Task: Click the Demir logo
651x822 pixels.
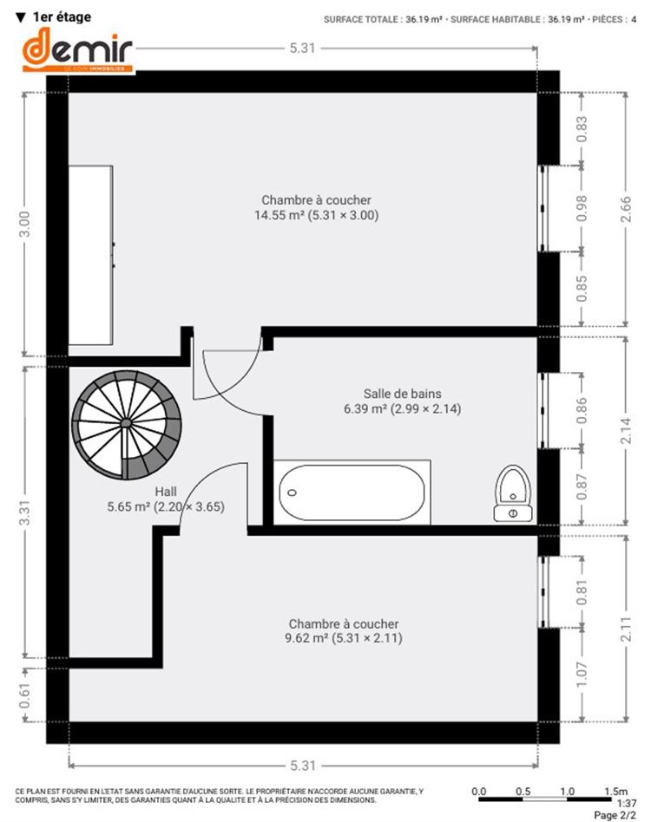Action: (77, 49)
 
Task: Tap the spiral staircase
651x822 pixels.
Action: (127, 425)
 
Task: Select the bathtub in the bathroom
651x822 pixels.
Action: (352, 493)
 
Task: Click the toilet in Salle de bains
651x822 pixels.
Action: (513, 493)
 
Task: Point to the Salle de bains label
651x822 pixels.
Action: (403, 394)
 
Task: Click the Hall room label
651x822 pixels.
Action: (166, 492)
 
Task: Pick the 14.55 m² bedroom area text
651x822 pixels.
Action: (316, 215)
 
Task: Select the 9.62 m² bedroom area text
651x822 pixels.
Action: (344, 638)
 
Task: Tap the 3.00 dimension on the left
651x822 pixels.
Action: (24, 225)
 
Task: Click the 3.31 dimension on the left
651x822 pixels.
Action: (24, 512)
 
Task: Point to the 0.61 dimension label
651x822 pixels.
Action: (24, 695)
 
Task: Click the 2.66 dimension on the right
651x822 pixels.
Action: (626, 209)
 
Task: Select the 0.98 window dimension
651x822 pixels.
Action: (582, 209)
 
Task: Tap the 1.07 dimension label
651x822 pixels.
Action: (582, 675)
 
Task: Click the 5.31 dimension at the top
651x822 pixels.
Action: (303, 49)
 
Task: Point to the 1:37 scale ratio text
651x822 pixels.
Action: (627, 803)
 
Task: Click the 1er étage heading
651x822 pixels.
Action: (54, 16)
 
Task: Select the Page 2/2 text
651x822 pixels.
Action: (615, 815)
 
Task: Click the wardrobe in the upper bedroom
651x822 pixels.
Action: (91, 255)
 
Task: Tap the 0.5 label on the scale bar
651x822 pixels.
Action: (523, 791)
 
